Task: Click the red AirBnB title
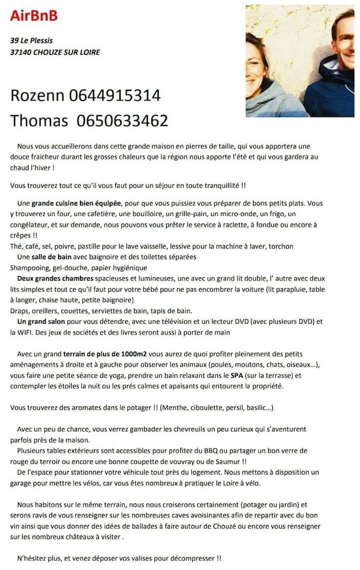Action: click(34, 15)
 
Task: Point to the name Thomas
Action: click(39, 120)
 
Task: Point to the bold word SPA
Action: click(237, 375)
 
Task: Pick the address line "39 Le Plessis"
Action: click(31, 40)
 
